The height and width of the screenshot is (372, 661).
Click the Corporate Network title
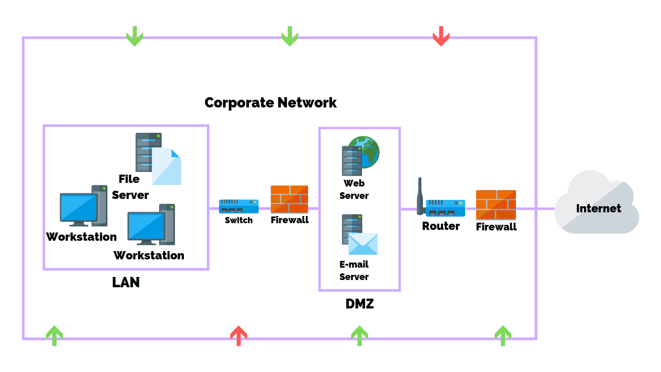[x=271, y=102]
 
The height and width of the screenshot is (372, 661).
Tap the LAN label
[x=125, y=283]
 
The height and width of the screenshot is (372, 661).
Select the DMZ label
[x=359, y=304]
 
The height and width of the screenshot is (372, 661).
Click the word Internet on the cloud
[x=599, y=208]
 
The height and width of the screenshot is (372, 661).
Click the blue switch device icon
[x=239, y=206]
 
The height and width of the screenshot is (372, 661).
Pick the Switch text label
[x=239, y=220]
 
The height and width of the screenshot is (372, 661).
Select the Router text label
[x=440, y=226]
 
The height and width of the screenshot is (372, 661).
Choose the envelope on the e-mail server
[x=363, y=244]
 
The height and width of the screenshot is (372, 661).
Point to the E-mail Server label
[x=354, y=270]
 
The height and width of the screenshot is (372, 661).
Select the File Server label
[x=130, y=187]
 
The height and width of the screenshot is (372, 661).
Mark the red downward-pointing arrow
[x=440, y=37]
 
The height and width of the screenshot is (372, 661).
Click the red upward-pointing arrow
[x=238, y=335]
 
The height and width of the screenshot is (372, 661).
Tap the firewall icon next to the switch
[x=289, y=199]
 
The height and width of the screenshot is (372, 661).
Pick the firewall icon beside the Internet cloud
[x=496, y=205]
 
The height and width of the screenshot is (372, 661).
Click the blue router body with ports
[x=445, y=208]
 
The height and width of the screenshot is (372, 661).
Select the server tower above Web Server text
[x=352, y=160]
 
